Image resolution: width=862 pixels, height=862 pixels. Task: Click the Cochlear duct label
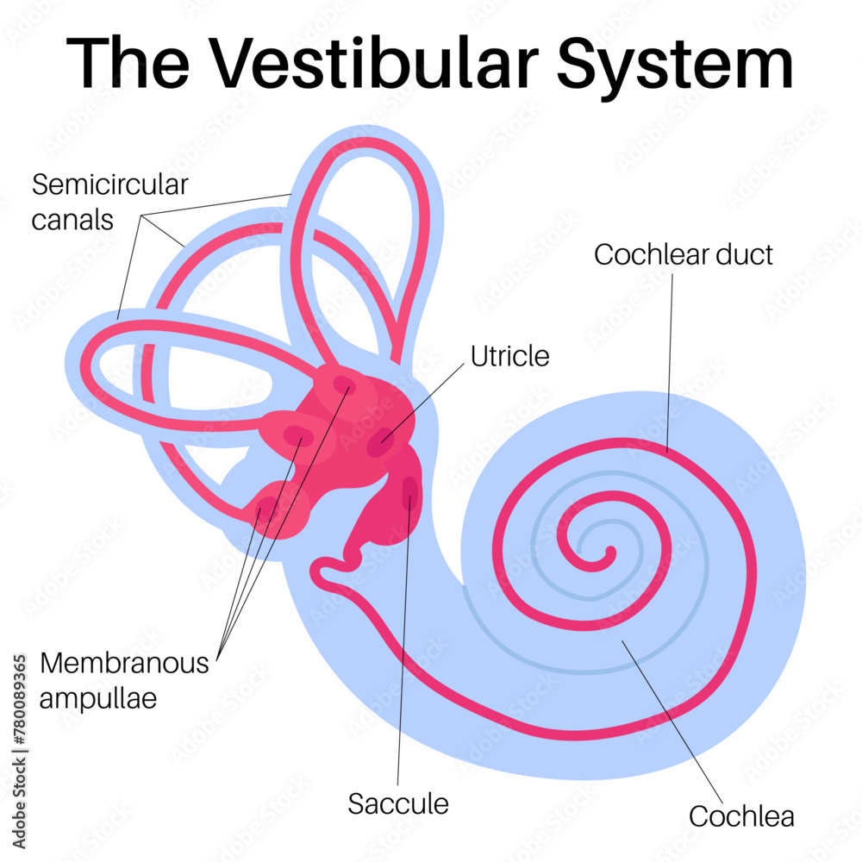(684, 254)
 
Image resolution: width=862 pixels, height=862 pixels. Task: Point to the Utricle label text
(509, 355)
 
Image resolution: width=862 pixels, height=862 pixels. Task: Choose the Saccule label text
(398, 803)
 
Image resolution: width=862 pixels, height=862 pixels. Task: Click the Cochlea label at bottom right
(741, 815)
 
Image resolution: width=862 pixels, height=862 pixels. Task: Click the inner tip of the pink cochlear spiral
(609, 552)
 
